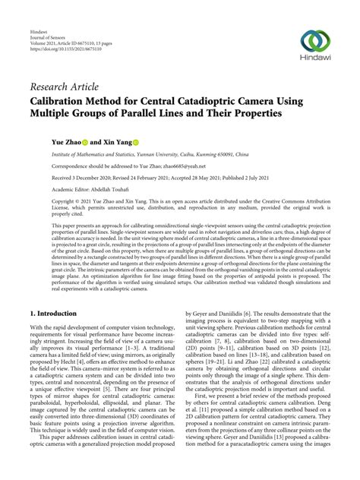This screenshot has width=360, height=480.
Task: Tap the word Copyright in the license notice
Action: (44, 203)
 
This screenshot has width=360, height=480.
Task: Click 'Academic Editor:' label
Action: (52, 190)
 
